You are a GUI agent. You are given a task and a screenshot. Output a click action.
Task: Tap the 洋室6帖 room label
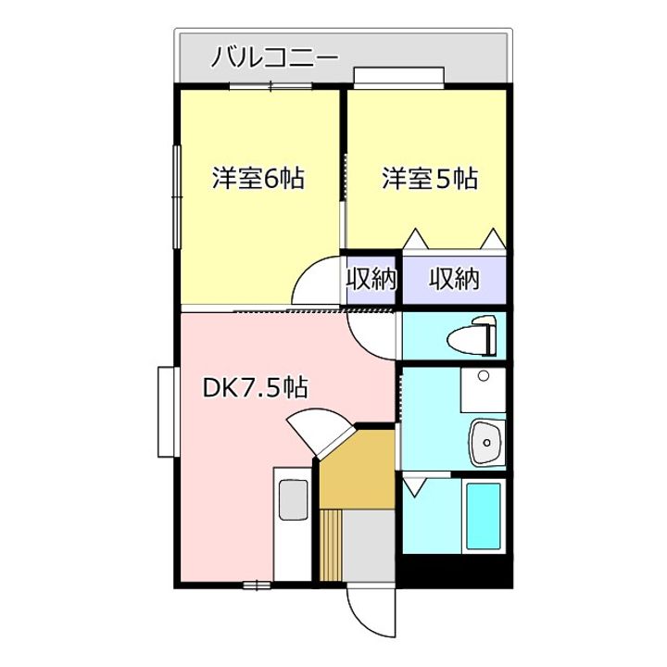tap(259, 178)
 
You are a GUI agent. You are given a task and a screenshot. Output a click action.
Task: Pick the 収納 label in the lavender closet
tap(454, 279)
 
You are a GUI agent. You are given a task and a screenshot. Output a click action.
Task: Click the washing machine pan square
tap(482, 390)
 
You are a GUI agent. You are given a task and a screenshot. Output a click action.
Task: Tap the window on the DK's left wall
tap(166, 411)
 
